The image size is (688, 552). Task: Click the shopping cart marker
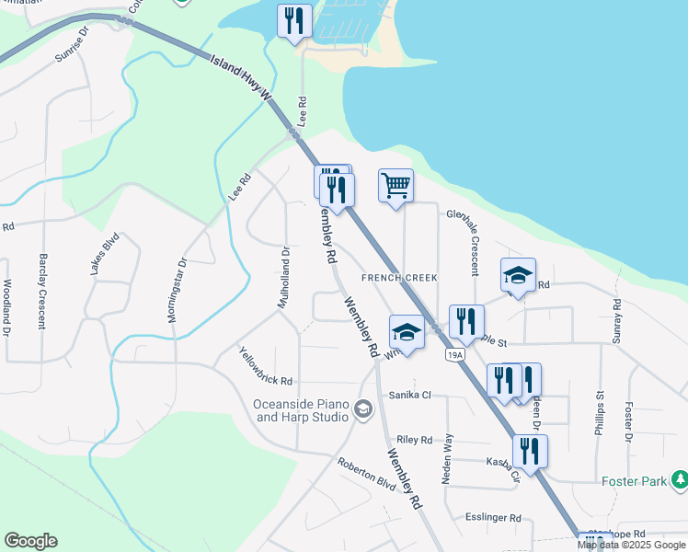[x=396, y=187]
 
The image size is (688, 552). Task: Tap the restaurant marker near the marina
[x=294, y=21]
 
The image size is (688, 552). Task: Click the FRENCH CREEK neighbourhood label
[x=398, y=277]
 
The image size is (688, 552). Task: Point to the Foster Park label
[x=633, y=480]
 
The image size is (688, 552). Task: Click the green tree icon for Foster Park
[x=680, y=479]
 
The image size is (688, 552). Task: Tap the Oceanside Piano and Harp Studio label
[x=303, y=410]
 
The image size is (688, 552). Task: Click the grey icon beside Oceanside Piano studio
[x=363, y=408]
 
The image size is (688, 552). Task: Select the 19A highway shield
[x=454, y=354]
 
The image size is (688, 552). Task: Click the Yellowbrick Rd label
[x=265, y=367]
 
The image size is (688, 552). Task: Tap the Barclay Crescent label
[x=41, y=291]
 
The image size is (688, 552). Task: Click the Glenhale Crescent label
[x=463, y=242]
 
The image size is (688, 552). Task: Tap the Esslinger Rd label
[x=493, y=518]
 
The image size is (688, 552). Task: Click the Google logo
[x=30, y=541]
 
